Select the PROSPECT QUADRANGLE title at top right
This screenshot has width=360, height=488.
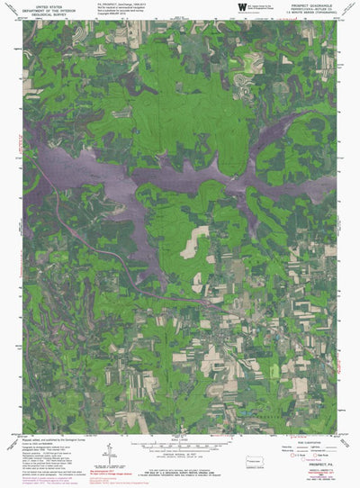(x=311, y=5)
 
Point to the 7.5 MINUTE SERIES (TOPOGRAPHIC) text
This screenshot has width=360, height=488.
(x=311, y=15)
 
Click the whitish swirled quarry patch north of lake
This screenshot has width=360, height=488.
(x=243, y=80)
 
